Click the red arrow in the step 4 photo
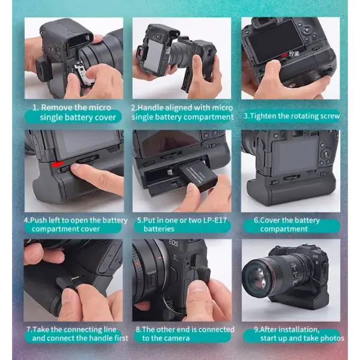57,164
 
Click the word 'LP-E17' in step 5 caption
215,220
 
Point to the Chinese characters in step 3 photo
294,54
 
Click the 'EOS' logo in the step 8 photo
173,242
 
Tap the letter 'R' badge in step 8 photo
175,257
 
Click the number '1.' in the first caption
35,107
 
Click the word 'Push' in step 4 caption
37,220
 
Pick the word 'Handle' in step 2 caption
151,107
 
